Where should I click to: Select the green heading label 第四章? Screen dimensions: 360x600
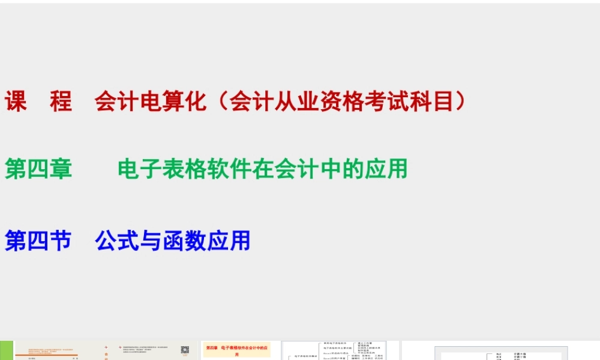click(38, 169)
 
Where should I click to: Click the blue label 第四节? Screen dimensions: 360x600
click(38, 241)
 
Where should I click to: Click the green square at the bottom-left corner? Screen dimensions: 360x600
click(6, 350)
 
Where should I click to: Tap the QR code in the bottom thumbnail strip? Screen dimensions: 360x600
click(185, 350)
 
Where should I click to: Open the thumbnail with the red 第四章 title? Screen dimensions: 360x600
click(238, 350)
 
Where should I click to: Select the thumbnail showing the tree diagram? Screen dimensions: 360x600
click(334, 350)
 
